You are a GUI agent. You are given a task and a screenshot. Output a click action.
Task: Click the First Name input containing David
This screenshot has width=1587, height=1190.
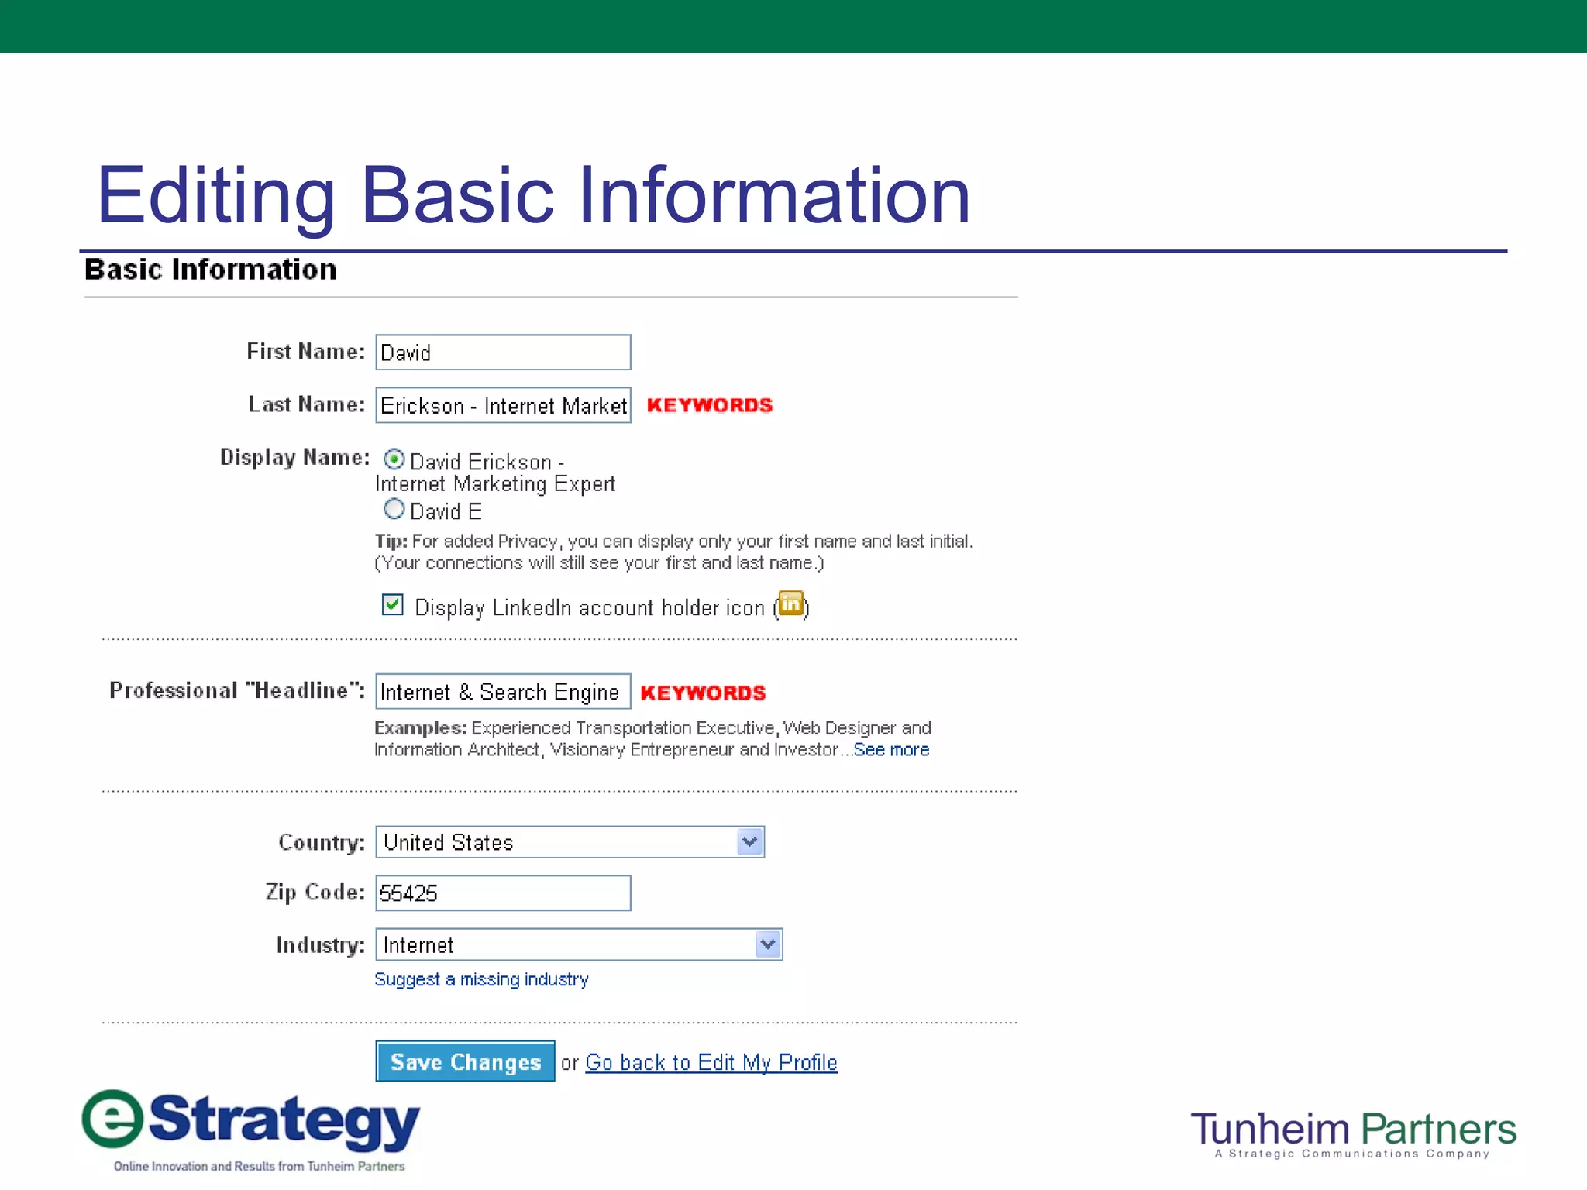coord(503,353)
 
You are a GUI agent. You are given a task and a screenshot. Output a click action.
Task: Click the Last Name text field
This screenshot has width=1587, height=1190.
coord(503,405)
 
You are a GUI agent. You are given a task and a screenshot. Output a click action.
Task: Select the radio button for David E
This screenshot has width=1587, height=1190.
coord(394,510)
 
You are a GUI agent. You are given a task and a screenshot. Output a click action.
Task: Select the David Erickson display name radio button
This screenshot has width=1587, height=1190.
coord(394,459)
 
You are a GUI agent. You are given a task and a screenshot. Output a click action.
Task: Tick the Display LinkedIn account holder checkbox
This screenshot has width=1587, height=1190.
coord(393,605)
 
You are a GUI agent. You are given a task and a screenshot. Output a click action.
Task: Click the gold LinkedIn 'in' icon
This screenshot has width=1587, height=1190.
coord(791,604)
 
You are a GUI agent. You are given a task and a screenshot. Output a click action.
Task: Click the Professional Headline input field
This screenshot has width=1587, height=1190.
coord(503,692)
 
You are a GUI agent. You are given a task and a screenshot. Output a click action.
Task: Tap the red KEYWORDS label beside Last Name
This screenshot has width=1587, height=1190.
coord(710,405)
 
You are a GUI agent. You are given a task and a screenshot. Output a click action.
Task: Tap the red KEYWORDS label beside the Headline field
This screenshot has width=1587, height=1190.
coord(703,693)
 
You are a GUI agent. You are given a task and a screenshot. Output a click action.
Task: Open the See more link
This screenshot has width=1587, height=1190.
coord(891,750)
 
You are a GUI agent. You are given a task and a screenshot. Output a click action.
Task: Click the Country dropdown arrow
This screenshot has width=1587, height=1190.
coord(749,842)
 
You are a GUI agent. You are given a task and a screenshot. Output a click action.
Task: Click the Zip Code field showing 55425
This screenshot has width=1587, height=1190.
coord(503,893)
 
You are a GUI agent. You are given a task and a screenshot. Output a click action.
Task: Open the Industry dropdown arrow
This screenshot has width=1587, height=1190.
coord(768,944)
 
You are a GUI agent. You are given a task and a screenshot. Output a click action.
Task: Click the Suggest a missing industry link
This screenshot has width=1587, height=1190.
coord(481,979)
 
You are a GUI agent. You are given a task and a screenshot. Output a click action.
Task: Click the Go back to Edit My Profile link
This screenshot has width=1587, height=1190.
coord(711,1062)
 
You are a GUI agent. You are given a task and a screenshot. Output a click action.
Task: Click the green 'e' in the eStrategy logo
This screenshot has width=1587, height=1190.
coord(113,1119)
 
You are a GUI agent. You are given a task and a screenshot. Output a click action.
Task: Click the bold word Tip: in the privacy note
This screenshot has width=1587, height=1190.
coord(391,542)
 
